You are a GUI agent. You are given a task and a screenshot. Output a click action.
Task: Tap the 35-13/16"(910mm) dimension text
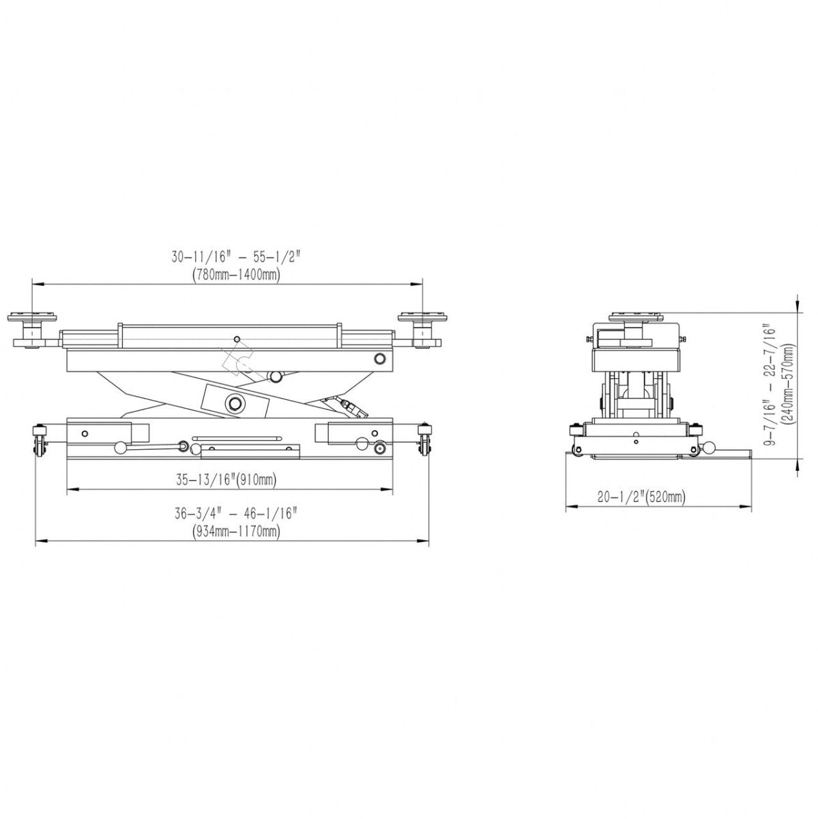[226, 480]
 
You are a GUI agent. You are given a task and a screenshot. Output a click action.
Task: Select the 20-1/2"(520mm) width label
[641, 498]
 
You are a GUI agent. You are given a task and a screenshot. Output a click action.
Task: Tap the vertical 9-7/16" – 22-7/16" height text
[770, 385]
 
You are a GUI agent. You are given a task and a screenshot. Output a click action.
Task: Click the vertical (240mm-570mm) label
[789, 385]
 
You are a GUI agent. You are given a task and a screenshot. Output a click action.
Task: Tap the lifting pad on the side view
[636, 316]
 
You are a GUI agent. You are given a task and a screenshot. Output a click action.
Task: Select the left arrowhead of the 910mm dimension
[71, 489]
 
